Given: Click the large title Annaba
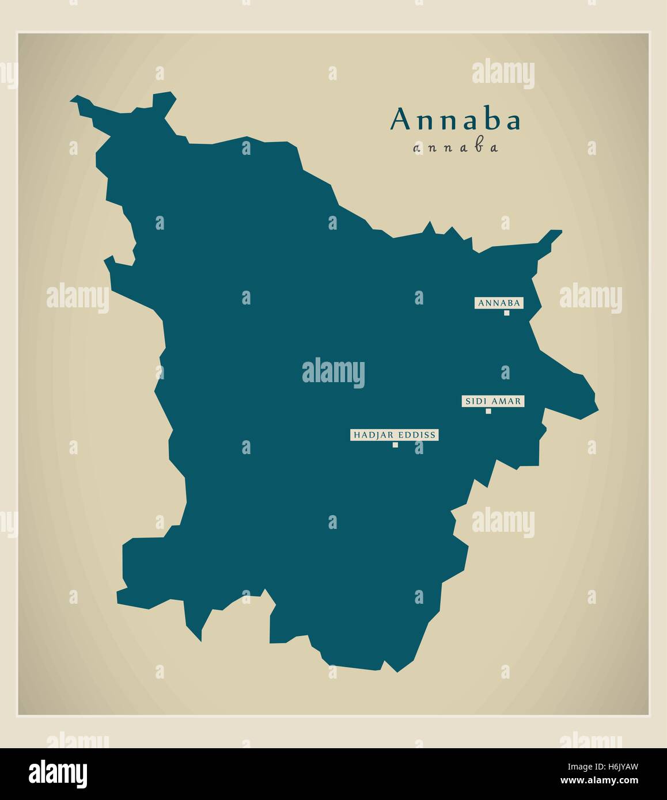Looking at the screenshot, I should coord(455,120).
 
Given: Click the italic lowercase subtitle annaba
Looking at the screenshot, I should coord(455,148).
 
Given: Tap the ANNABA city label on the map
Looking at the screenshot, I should coord(499,303).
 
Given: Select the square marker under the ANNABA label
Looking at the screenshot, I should coord(507,313).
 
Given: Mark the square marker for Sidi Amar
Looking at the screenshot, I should coord(488,411).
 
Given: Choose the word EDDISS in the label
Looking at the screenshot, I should coord(416,435).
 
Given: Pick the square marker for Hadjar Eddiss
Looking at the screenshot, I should coord(395,445).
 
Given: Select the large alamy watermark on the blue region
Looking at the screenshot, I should coord(333,372).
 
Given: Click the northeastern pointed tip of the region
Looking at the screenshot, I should coord(559,232).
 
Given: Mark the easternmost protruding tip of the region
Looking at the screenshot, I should coord(597,409).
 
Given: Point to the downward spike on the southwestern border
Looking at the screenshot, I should coord(200,639).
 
